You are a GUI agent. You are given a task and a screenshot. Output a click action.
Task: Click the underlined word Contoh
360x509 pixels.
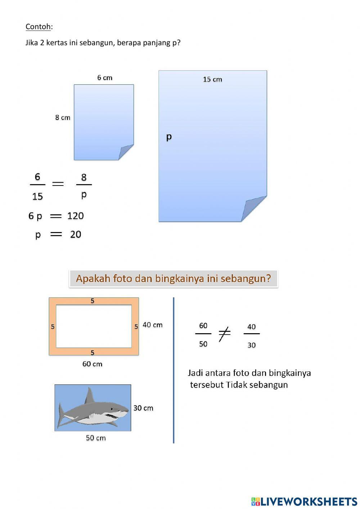38,27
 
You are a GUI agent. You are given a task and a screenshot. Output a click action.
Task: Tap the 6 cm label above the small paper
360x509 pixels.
105,78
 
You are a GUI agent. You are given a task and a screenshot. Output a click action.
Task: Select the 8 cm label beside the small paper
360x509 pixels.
63,117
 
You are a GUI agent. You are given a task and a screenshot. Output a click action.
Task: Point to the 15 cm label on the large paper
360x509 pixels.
212,80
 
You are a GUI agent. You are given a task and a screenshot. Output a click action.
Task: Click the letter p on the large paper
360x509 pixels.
169,137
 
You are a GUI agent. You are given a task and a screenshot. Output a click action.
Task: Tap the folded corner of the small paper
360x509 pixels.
125,152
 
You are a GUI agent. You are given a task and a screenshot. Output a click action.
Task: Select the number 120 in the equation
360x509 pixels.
76,216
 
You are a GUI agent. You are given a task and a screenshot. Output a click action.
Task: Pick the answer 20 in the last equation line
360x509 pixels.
76,235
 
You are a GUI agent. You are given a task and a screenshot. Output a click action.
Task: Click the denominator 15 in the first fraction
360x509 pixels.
37,197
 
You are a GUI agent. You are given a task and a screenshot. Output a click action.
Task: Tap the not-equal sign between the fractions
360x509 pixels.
224,334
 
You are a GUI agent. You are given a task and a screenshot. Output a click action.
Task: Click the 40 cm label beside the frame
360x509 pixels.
153,325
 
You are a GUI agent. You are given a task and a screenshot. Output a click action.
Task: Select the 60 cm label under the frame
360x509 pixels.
92,364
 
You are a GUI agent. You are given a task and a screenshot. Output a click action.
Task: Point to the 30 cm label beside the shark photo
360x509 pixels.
143,408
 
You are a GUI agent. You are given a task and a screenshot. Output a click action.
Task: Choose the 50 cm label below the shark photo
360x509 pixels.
96,438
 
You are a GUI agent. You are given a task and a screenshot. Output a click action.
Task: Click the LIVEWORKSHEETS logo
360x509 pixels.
304,501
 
